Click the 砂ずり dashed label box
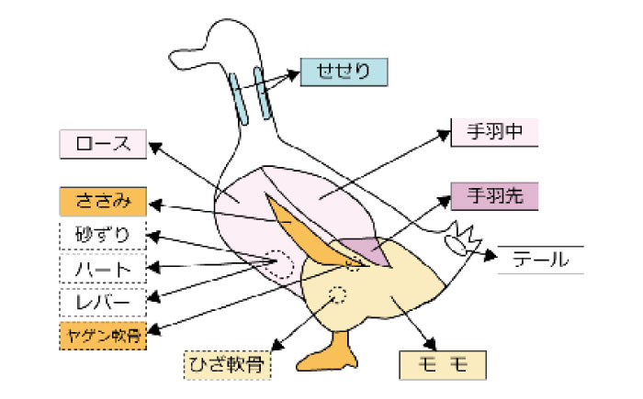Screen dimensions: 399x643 tap(102, 236)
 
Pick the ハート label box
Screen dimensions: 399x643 tap(102, 269)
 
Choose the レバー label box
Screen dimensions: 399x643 tap(102, 301)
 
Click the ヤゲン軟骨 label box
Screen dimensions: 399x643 tap(102, 336)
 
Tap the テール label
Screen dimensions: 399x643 tap(541, 260)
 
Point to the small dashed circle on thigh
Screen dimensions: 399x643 tap(338, 295)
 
